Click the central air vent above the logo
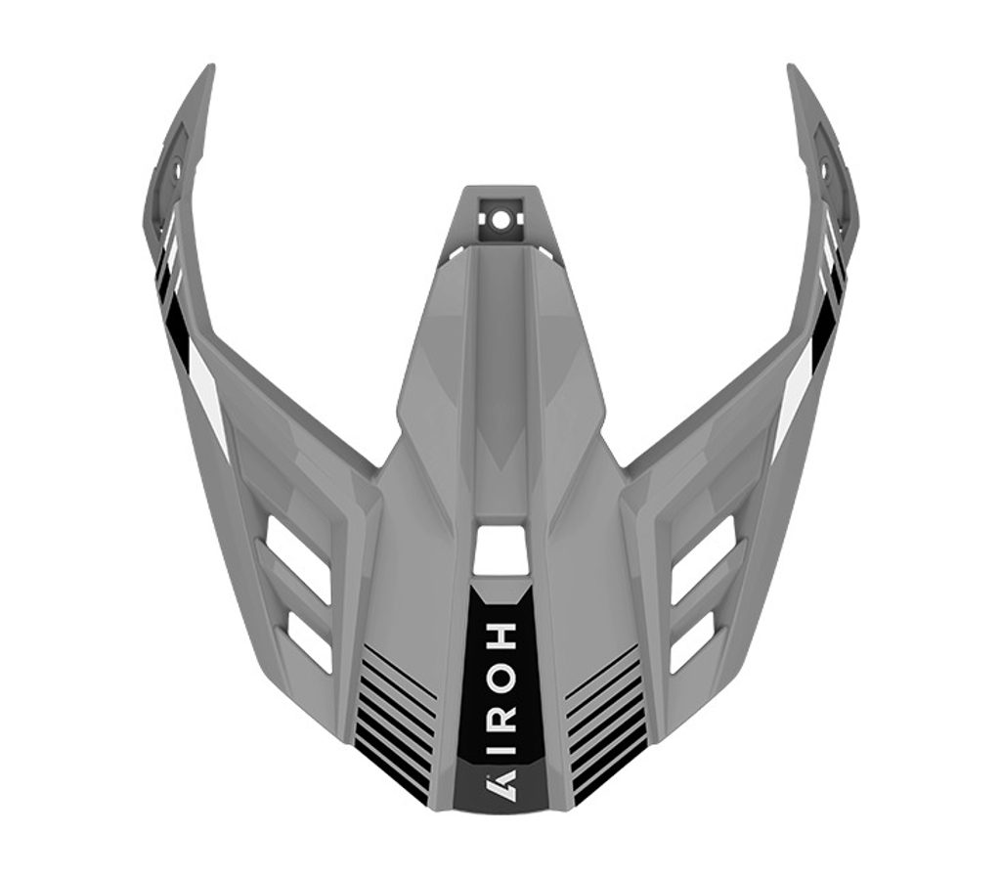[501, 549]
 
